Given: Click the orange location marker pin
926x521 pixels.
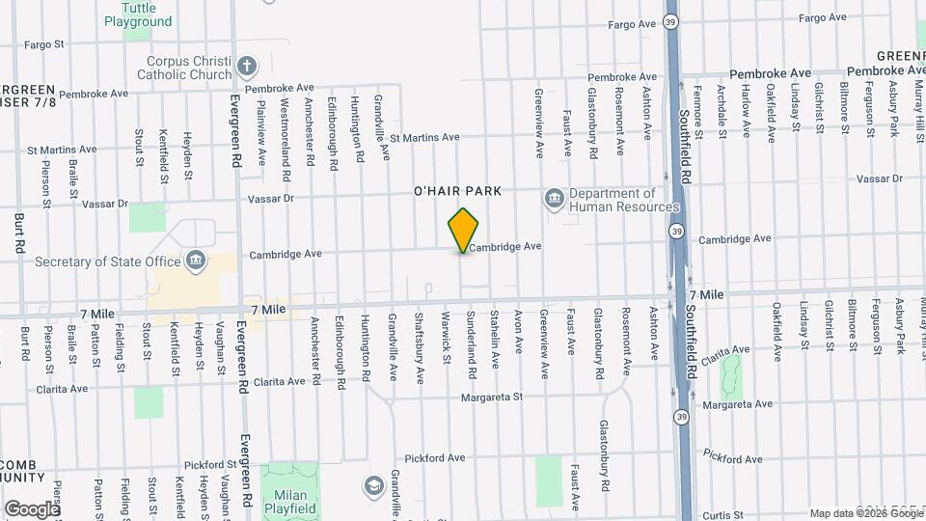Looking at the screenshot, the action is pyautogui.click(x=464, y=230).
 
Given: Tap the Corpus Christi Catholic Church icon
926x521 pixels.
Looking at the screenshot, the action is pyautogui.click(x=247, y=66).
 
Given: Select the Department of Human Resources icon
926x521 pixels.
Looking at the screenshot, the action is pyautogui.click(x=555, y=199).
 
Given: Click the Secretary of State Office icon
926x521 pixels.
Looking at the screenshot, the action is pyautogui.click(x=196, y=260).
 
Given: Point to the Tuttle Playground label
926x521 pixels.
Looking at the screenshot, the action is pyautogui.click(x=138, y=14).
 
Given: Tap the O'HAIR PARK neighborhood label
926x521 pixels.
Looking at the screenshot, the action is pyautogui.click(x=457, y=191).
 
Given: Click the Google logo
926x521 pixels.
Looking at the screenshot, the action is pyautogui.click(x=32, y=508).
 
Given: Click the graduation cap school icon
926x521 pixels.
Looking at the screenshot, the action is pyautogui.click(x=373, y=484).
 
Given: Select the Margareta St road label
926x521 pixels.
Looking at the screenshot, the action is pyautogui.click(x=491, y=397).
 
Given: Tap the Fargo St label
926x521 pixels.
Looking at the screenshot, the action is pyautogui.click(x=43, y=43).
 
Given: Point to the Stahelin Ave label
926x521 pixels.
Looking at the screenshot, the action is pyautogui.click(x=495, y=339).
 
